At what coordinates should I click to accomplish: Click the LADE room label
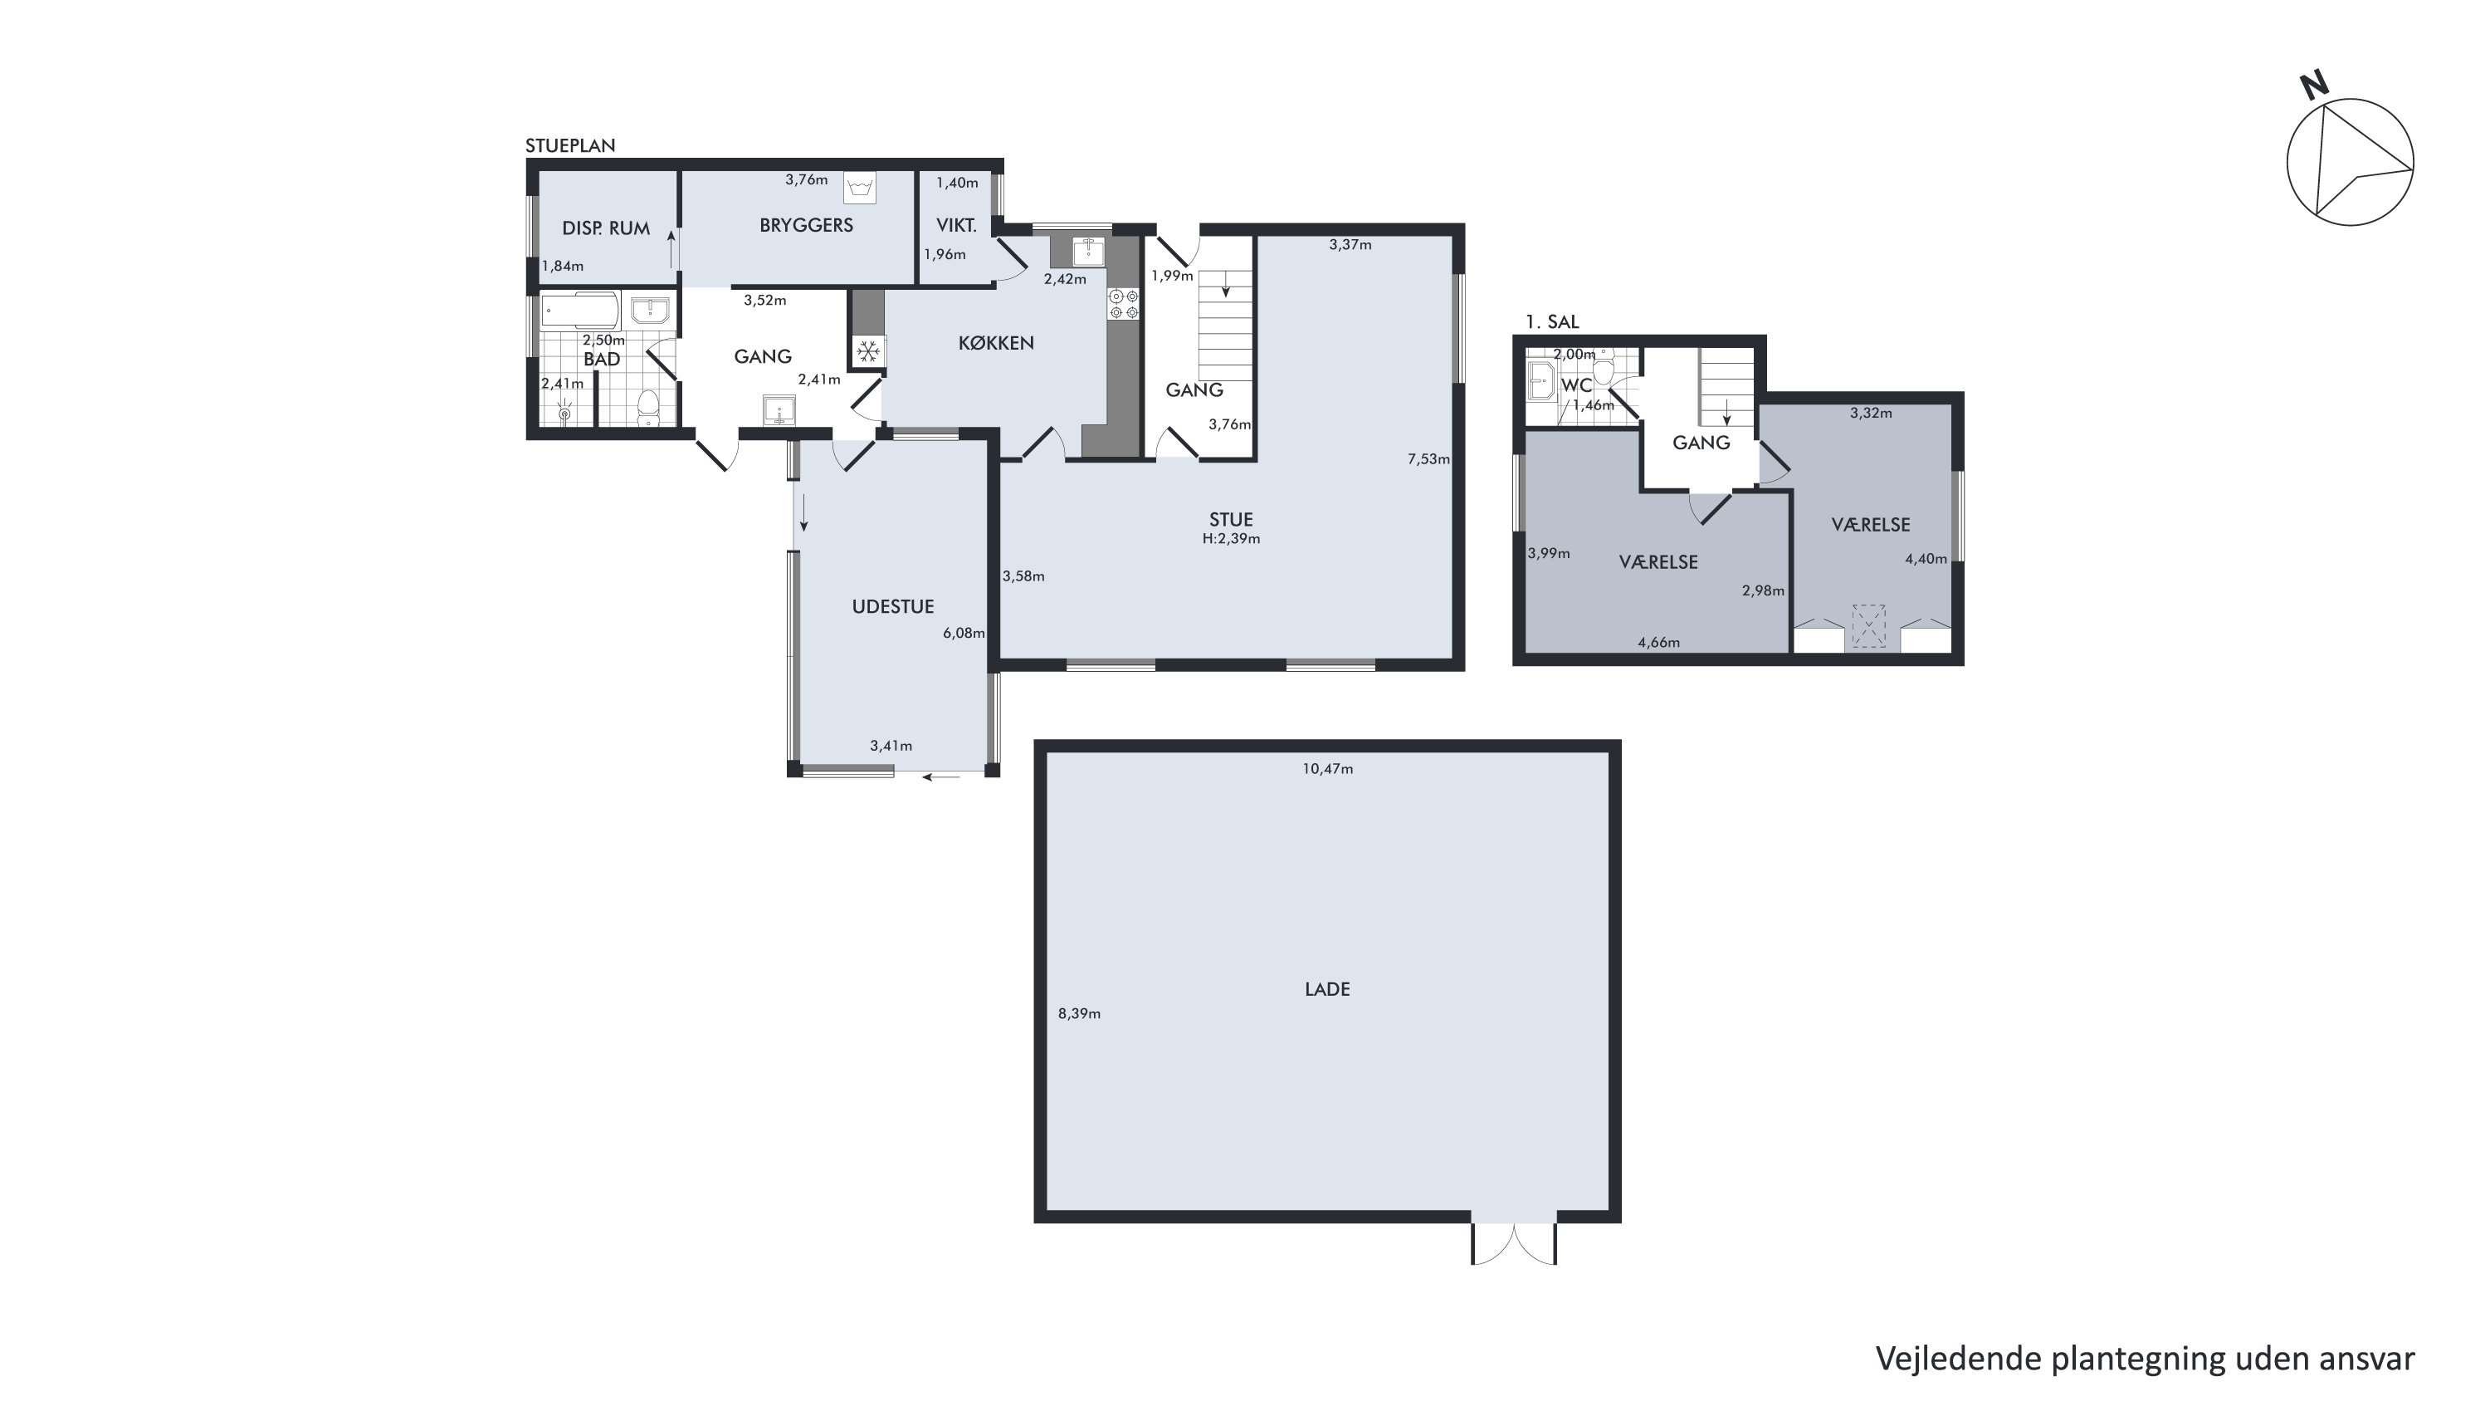(1327, 989)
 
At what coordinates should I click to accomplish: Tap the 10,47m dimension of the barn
(1327, 769)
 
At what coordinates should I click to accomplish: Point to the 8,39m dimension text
(1079, 1013)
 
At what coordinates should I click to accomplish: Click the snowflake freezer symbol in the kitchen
(868, 350)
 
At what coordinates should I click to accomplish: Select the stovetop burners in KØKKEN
(1123, 304)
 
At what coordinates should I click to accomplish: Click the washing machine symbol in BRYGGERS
(859, 188)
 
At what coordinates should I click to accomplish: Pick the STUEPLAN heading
(570, 145)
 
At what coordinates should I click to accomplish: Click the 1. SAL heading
(1552, 322)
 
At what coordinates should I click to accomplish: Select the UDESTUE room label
(892, 606)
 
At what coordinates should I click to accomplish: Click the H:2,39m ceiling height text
(1231, 538)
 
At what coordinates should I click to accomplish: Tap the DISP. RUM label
(606, 228)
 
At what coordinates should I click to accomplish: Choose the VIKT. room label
(956, 225)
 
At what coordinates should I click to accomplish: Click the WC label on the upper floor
(1576, 385)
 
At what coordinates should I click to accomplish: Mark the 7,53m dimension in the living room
(1428, 459)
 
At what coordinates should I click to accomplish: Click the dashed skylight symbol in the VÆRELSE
(1868, 625)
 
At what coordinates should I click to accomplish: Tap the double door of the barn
(1514, 1243)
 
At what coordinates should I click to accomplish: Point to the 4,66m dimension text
(1658, 642)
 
